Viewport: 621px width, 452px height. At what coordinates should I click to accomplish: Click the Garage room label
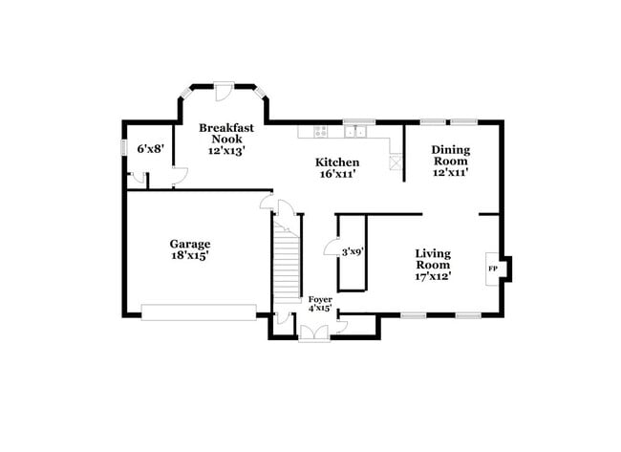point(190,244)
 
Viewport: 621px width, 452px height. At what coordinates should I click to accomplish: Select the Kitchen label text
point(337,162)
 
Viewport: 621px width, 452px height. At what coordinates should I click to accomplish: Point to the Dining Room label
point(450,155)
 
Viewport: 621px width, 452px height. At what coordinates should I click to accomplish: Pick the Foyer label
point(319,298)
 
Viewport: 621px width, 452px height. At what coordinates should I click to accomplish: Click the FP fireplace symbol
point(493,269)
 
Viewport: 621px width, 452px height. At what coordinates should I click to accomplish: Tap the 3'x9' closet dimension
point(352,251)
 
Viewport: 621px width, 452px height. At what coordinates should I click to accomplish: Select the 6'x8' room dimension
point(149,148)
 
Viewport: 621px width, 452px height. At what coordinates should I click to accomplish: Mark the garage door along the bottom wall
point(199,312)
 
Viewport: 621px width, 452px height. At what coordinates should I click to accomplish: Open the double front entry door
point(312,333)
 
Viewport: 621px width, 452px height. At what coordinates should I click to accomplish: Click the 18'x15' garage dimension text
point(190,255)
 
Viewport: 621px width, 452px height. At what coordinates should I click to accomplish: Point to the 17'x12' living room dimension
point(433,276)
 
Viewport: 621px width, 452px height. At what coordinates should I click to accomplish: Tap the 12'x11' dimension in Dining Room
point(450,173)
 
